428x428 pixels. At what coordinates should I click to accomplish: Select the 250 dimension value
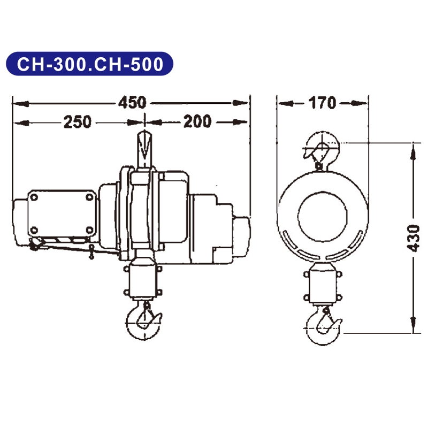point(78,122)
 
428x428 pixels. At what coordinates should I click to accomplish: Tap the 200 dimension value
point(197,122)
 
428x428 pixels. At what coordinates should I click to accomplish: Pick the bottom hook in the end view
point(323,322)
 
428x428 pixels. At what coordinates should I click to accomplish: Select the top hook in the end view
point(320,150)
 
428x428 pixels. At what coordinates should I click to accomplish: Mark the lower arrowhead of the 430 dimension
point(412,326)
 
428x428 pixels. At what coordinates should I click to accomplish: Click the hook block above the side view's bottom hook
point(142,282)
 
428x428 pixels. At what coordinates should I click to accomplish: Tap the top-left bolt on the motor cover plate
point(35,198)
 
